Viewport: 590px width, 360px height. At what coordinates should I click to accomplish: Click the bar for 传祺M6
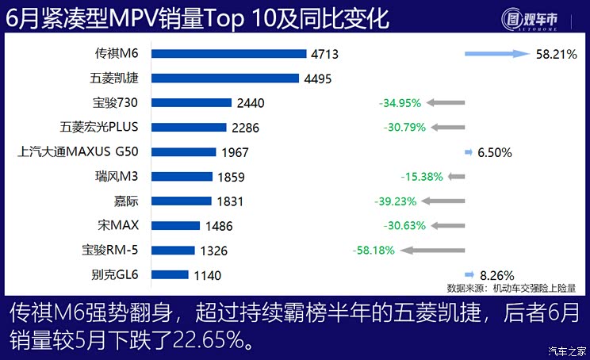228,54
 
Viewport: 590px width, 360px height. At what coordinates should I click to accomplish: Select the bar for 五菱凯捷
225,79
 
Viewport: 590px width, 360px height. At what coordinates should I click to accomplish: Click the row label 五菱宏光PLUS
99,127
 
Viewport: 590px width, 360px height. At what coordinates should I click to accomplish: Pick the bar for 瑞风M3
182,177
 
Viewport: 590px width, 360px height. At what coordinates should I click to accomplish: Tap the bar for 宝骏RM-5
173,251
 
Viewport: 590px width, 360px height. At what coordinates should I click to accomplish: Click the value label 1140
206,275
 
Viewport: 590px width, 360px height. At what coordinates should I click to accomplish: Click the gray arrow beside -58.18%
435,251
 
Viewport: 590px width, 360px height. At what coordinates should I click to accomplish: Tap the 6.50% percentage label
495,152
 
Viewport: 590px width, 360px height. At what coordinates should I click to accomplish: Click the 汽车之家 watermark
567,351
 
